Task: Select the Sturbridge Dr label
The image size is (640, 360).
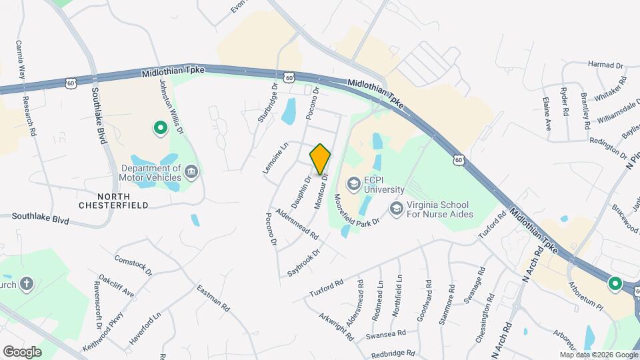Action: pos(268,103)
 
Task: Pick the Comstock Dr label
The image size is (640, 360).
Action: pos(133,264)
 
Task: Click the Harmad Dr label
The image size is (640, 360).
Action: pos(605,65)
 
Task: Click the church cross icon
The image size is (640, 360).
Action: pos(27,284)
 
